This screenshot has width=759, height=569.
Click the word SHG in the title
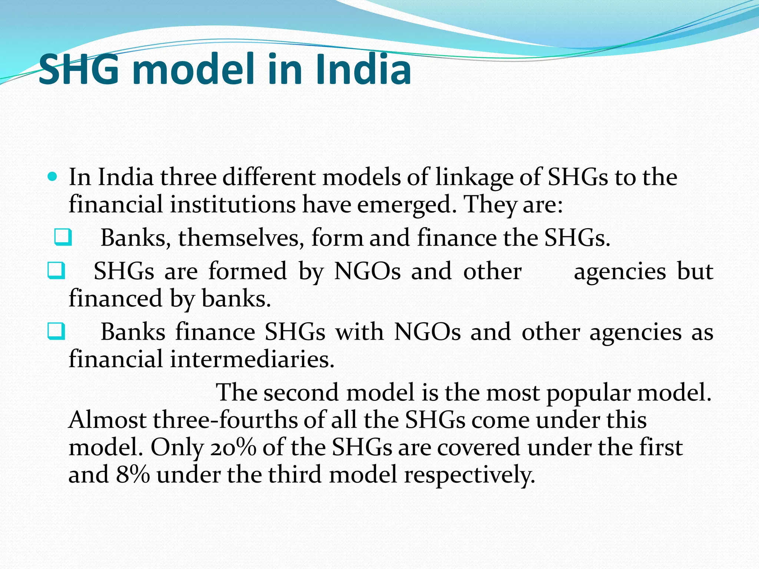(79, 69)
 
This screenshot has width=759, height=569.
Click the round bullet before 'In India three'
(53, 177)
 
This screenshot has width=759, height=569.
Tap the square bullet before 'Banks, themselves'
(63, 237)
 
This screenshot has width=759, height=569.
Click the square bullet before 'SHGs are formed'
(56, 270)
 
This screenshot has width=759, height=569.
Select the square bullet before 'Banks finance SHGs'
(56, 331)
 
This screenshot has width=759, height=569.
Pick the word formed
(248, 271)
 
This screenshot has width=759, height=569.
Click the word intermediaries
(252, 359)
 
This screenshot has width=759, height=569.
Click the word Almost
(107, 420)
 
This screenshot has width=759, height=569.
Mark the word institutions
(233, 204)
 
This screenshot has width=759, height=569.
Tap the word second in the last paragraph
(301, 393)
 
